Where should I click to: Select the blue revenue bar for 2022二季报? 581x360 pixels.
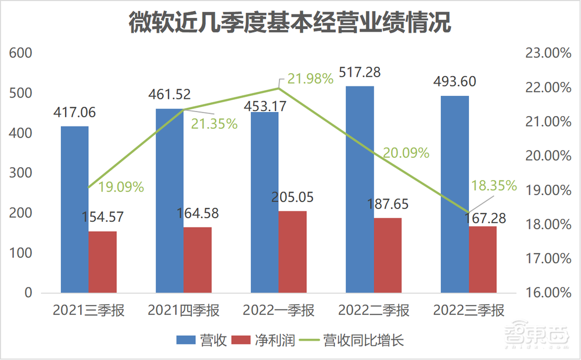(x=360, y=189)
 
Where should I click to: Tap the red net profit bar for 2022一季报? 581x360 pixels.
(x=292, y=251)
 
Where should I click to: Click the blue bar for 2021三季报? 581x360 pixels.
(x=74, y=209)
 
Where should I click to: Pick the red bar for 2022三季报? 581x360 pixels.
(x=483, y=259)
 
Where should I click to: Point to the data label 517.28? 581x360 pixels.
(x=360, y=73)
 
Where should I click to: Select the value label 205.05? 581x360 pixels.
(x=292, y=197)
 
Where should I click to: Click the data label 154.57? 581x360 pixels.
(x=102, y=218)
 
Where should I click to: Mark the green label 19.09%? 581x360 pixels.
(x=121, y=187)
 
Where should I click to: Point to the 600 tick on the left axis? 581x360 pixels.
(x=20, y=53)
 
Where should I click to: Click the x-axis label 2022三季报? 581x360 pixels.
(x=469, y=311)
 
